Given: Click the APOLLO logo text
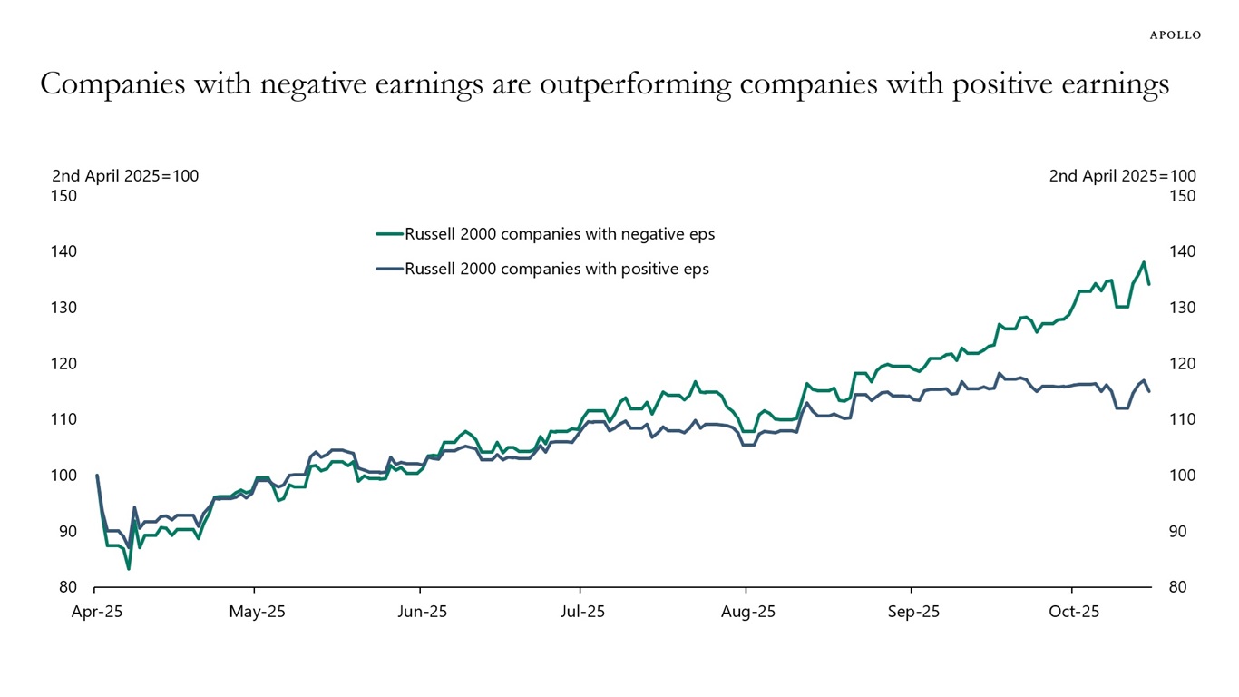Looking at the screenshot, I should click(1175, 34).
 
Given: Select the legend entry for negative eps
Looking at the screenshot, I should click(560, 234).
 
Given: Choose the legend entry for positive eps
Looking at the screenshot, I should click(557, 269).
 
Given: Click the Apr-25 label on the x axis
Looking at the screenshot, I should click(96, 612).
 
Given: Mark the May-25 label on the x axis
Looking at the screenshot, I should click(257, 612).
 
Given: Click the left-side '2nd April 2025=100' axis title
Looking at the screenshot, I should click(125, 176).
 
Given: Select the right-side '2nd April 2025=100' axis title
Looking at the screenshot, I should click(1122, 176).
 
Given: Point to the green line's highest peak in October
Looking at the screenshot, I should click(1144, 262).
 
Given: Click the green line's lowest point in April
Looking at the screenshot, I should click(129, 568).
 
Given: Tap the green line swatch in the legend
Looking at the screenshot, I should click(389, 234).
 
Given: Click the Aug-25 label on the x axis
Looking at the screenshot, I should click(748, 612).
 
